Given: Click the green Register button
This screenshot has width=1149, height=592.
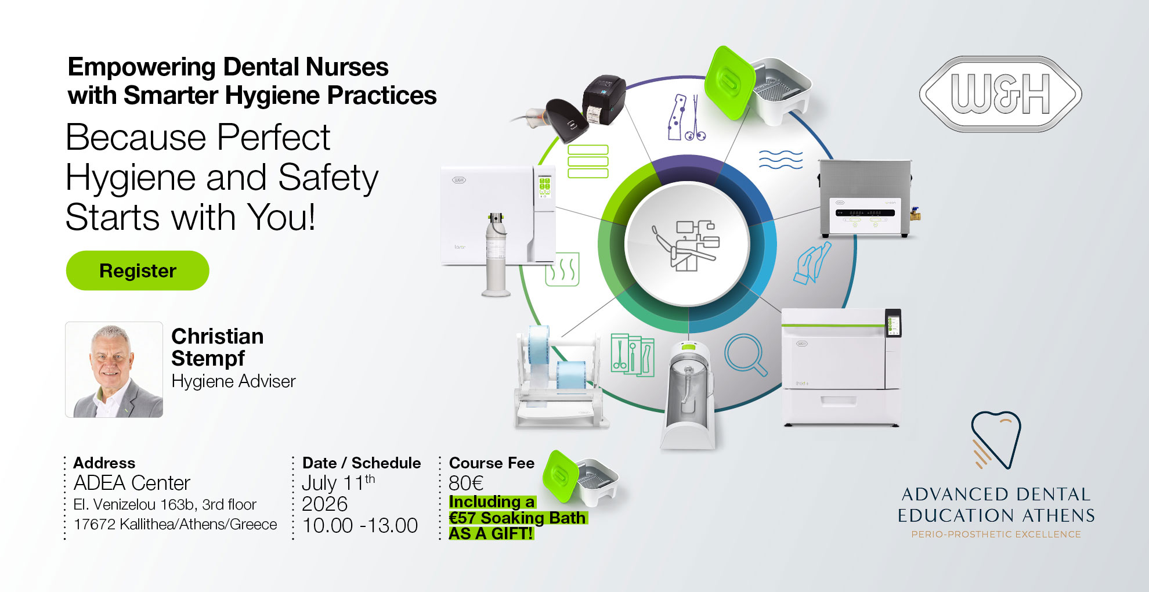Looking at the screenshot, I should coord(138,270).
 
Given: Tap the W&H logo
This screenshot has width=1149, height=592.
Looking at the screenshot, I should coord(1000,93).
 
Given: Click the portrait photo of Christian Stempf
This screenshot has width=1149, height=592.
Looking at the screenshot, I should coord(114,370).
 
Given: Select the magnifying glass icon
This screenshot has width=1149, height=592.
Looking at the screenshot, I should coord(745,354).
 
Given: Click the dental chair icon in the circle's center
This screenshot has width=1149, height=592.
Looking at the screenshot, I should coord(688,244).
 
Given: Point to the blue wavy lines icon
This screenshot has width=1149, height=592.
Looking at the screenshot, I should coord(781,159).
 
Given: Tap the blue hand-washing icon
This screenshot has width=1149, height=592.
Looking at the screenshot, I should coord(811,263).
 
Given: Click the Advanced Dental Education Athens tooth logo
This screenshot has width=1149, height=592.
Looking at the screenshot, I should coord(996,440).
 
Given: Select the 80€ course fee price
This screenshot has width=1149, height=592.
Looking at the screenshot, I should coord(466,483).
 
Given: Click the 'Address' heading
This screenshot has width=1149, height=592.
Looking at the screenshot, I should coord(104,463).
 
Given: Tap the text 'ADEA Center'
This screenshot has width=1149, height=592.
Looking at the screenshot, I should coord(132,483).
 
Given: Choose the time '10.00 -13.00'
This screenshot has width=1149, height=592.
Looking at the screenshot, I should coord(360,525).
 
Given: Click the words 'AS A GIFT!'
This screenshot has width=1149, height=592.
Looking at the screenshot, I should coord(491,533).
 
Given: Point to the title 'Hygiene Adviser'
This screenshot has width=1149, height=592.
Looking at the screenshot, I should coord(233,381).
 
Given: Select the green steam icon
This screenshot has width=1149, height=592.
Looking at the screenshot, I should coord(562,269).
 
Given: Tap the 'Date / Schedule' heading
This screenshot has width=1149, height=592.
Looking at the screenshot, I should coord(362,463).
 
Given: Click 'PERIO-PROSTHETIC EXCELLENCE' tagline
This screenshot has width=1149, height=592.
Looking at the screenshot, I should coord(996,535).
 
